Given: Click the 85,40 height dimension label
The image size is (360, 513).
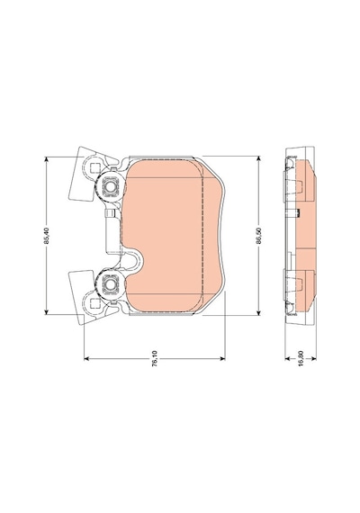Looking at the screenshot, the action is tap(47, 236).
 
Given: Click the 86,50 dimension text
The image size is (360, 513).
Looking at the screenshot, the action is tap(258, 236).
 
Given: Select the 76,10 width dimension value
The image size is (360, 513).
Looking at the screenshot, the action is tap(155, 358).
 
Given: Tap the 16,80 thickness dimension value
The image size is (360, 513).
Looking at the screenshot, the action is tap(301, 358).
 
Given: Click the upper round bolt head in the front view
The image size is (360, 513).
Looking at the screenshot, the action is tap(110, 186).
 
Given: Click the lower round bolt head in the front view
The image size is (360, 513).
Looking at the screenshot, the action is tap(110, 283).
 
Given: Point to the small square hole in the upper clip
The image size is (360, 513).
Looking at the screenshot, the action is tap(94, 168).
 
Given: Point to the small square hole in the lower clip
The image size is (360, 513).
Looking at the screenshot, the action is tap(94, 302).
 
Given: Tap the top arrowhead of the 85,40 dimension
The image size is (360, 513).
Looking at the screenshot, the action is tap(47, 159).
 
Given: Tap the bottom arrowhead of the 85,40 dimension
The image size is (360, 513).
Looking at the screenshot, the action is tap(47, 311).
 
